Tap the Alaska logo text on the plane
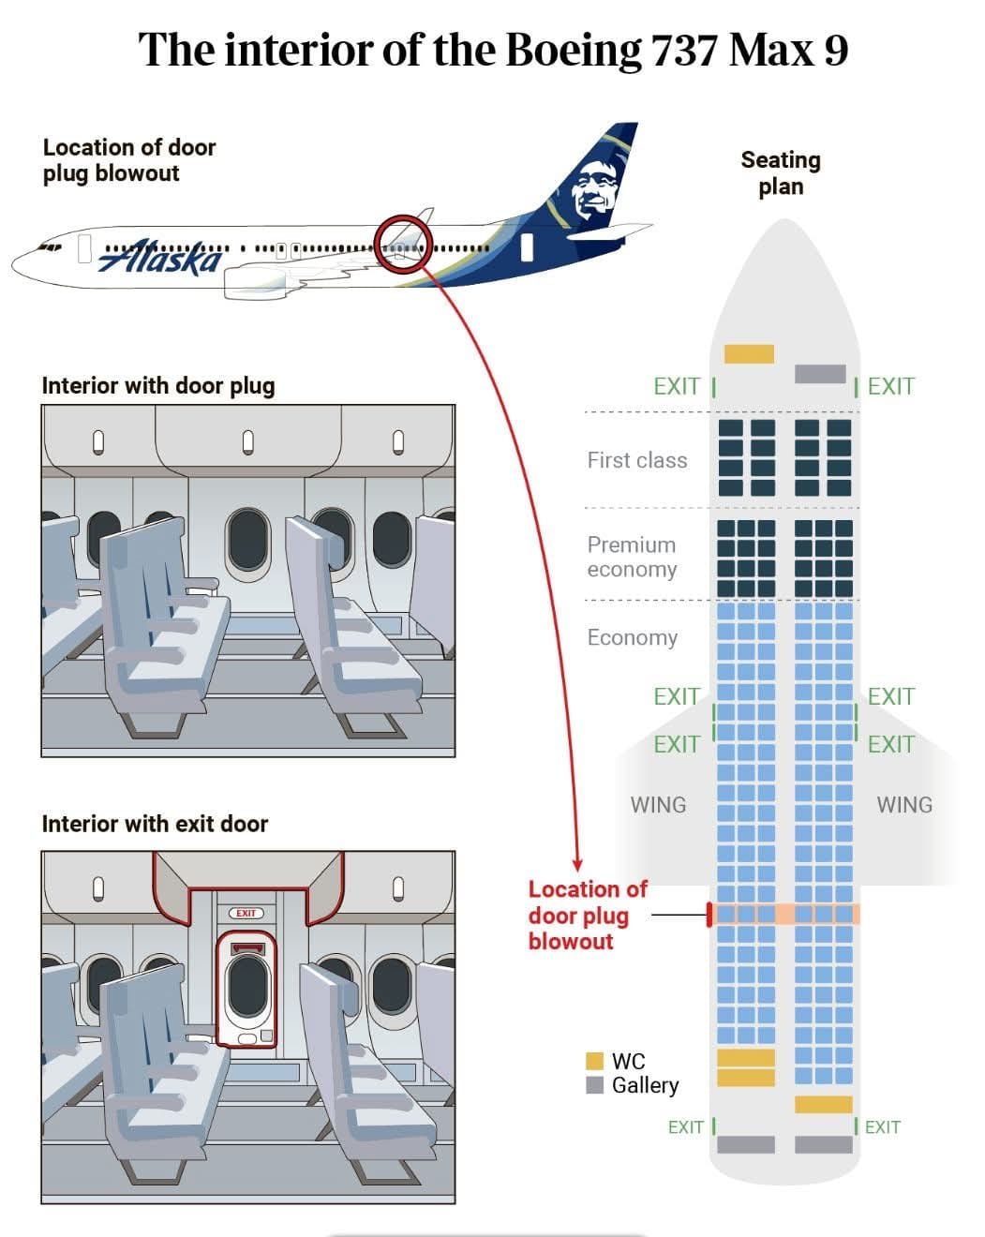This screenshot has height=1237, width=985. tap(159, 258)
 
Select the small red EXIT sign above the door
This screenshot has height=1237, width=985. tap(246, 914)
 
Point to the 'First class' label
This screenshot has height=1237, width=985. tap(637, 460)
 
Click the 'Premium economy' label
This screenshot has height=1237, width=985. tap(632, 557)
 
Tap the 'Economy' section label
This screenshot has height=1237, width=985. tap(633, 637)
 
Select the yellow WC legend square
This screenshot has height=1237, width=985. tap(594, 1061)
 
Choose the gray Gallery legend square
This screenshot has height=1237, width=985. tap(594, 1085)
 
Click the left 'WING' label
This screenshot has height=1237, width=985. tap(658, 805)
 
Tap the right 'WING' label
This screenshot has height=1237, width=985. tap(903, 805)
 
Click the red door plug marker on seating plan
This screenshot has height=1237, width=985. tap(709, 914)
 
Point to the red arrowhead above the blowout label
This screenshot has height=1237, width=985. tap(577, 865)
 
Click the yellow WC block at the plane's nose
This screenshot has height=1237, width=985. tap(749, 353)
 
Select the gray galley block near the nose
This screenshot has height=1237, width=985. tap(820, 374)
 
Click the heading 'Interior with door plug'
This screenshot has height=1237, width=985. tap(158, 386)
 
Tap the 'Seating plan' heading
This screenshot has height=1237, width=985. tap(781, 173)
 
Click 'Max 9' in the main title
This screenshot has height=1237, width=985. tap(788, 50)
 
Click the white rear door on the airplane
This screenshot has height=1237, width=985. tap(526, 247)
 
